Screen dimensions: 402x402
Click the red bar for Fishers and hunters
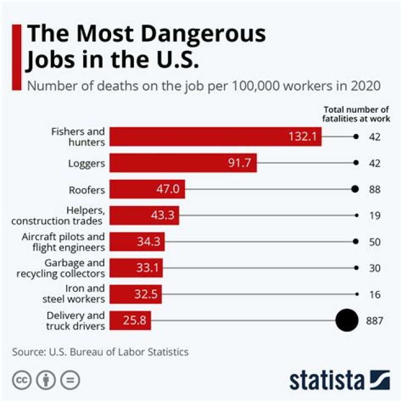[x=215, y=137]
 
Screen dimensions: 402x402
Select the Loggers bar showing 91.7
[x=183, y=163]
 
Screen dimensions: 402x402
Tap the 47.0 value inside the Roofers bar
[x=167, y=189]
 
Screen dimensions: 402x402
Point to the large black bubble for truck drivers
[x=347, y=320]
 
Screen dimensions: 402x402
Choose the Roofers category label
[x=87, y=190]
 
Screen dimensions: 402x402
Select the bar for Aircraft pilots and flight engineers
[x=137, y=242]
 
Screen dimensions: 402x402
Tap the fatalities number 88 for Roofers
[x=375, y=189]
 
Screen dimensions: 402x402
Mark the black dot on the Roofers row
[x=355, y=189]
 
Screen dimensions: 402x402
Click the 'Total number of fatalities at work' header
[x=356, y=113]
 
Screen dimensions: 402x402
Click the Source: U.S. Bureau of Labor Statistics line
[x=100, y=352]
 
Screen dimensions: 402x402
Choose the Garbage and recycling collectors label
[x=61, y=268]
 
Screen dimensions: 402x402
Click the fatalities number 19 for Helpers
[x=375, y=216]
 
